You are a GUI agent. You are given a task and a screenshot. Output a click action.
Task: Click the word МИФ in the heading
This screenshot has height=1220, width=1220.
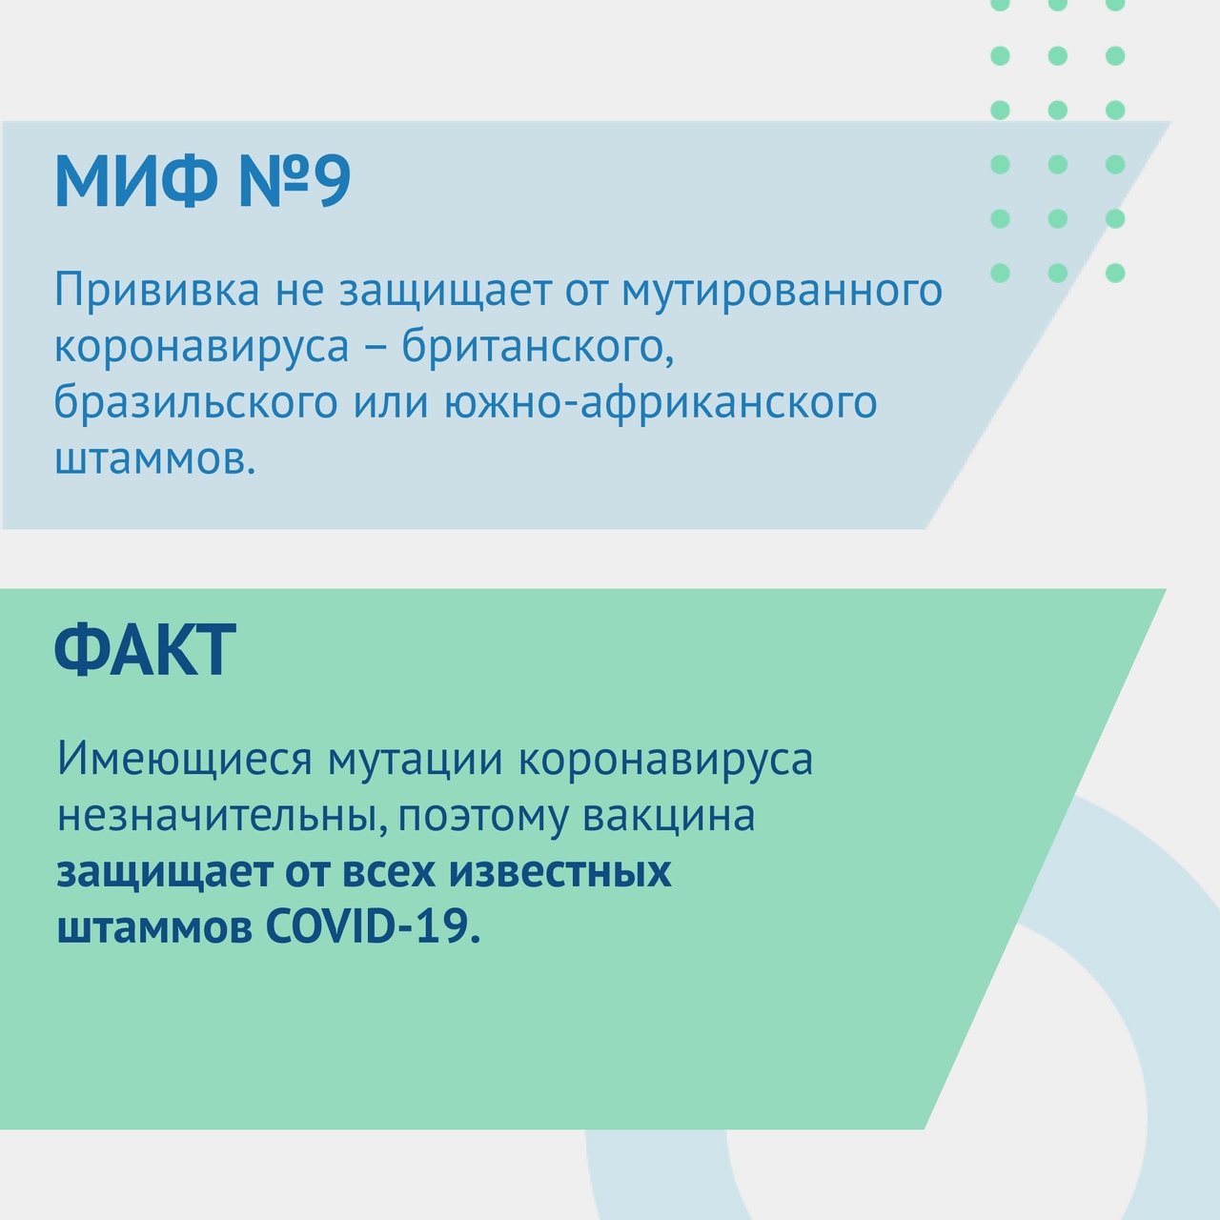pyautogui.click(x=134, y=180)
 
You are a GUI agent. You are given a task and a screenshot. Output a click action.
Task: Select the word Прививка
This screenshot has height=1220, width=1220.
pyautogui.click(x=157, y=290)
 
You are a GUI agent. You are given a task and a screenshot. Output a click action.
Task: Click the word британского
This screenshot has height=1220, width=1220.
pyautogui.click(x=538, y=346)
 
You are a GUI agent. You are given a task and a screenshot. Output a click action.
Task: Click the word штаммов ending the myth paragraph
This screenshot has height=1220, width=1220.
pyautogui.click(x=155, y=459)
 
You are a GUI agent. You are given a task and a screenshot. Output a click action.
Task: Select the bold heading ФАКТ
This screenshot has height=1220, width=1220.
pyautogui.click(x=145, y=650)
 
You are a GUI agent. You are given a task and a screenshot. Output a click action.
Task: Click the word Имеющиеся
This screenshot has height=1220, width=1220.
pyautogui.click(x=185, y=759)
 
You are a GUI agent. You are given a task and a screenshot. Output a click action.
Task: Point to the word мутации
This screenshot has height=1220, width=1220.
pyautogui.click(x=416, y=760)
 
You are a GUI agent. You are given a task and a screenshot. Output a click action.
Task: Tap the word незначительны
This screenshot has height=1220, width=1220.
pyautogui.click(x=222, y=816)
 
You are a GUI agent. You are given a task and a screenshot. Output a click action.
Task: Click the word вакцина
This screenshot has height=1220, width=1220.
pyautogui.click(x=668, y=817)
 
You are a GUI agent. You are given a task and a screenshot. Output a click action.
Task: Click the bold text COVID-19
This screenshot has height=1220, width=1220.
pyautogui.click(x=373, y=927)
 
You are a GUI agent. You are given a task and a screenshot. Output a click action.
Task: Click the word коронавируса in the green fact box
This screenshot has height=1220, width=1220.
pyautogui.click(x=665, y=760)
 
